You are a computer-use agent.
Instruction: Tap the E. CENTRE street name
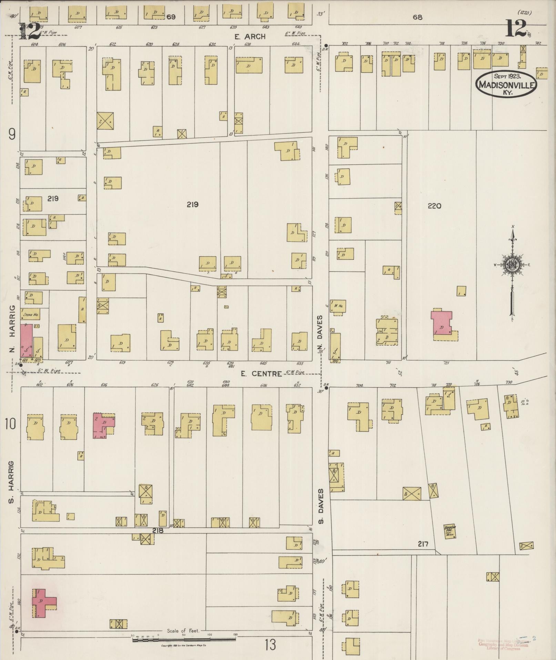tap(261, 374)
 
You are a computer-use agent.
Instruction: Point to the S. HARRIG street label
tap(11, 481)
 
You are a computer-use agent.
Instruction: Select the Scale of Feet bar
tap(184, 639)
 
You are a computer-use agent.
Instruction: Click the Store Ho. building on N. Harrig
tap(30, 315)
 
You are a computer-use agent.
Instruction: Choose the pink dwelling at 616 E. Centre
tap(103, 425)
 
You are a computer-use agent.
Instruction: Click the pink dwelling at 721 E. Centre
tap(442, 323)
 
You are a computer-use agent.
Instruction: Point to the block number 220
tap(434, 206)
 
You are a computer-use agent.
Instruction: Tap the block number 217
tap(423, 544)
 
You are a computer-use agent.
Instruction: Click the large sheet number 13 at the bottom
tap(270, 644)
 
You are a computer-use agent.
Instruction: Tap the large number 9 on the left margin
tap(12, 134)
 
